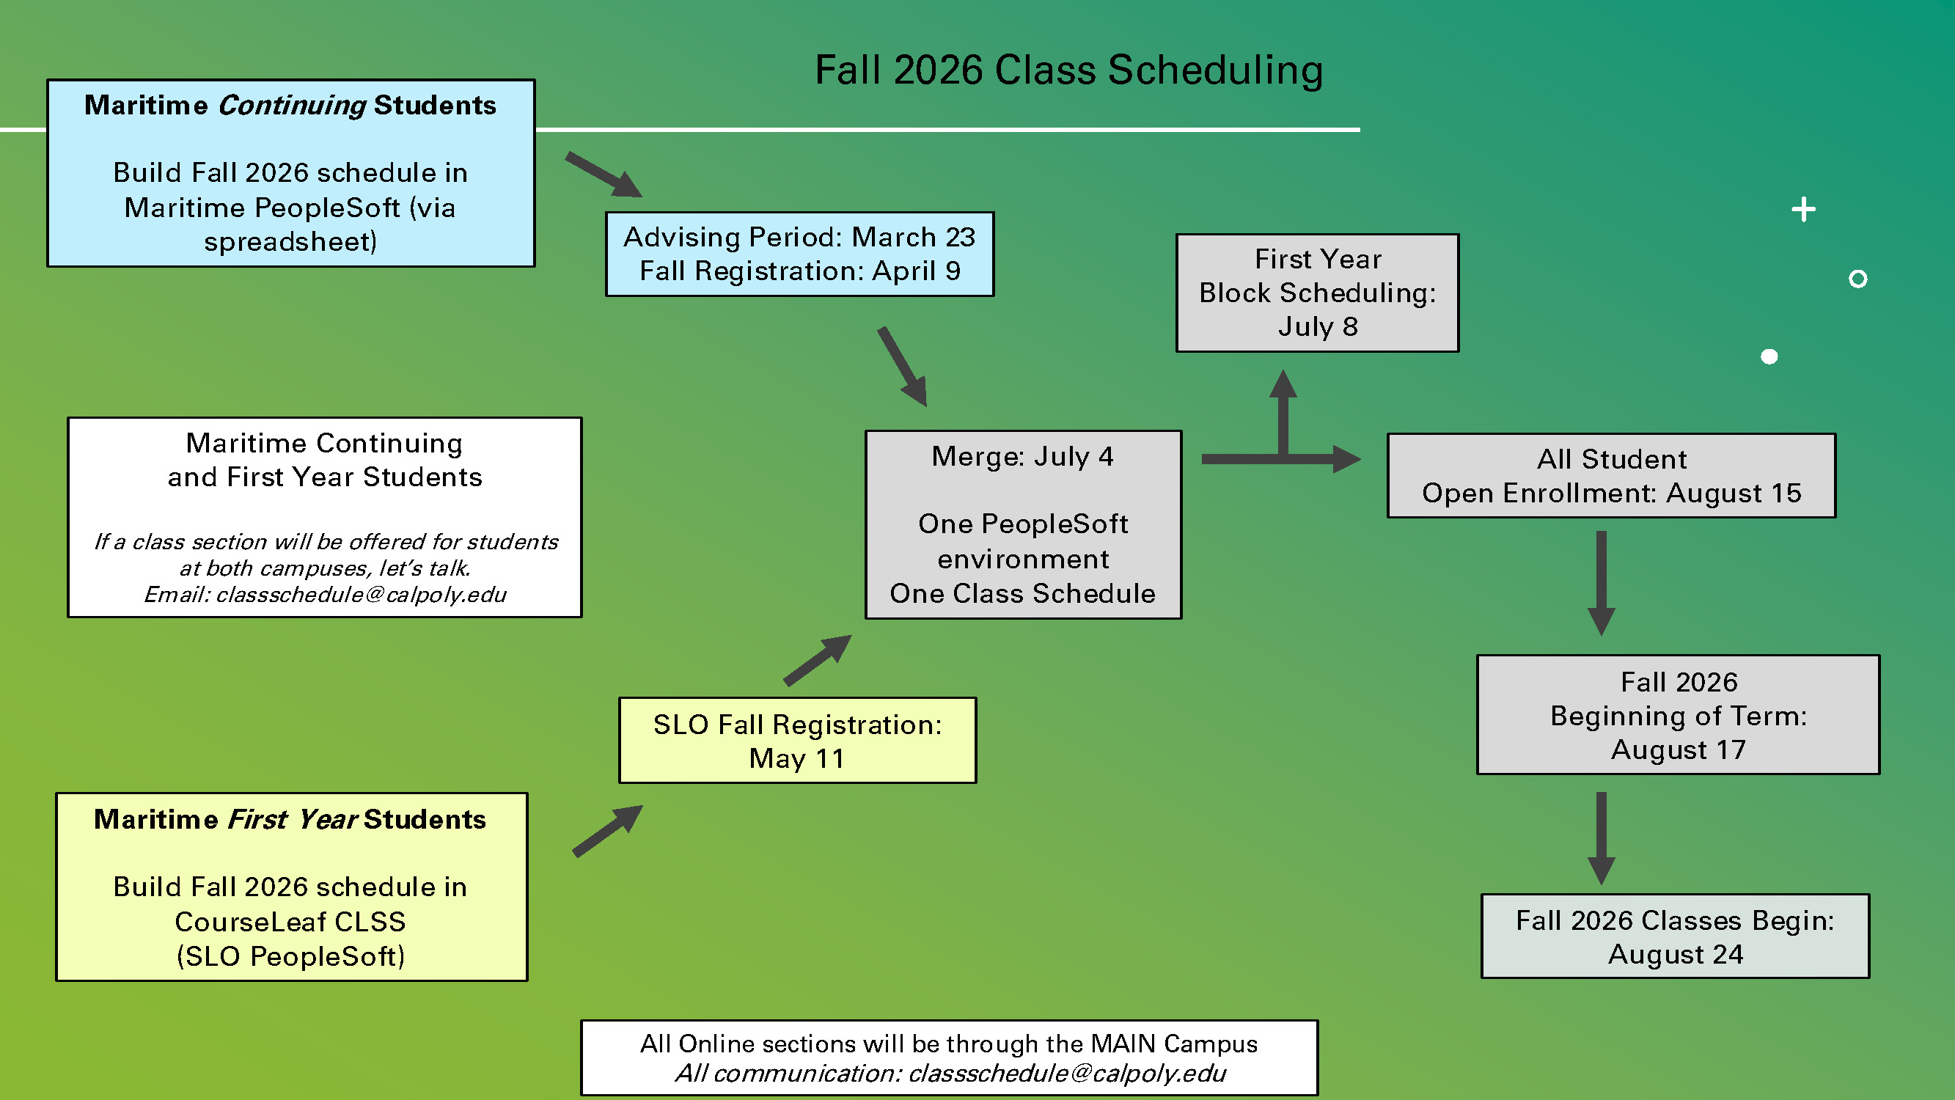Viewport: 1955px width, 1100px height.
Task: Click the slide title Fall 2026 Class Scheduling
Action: coord(1068,70)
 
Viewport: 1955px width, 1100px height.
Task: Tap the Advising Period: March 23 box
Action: coord(799,254)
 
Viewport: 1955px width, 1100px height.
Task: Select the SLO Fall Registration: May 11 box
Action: coord(797,740)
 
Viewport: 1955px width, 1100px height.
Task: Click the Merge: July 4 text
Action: coord(1022,456)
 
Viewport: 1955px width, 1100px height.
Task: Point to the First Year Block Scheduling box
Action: coord(1317,293)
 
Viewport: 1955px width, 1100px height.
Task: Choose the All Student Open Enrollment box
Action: coord(1610,476)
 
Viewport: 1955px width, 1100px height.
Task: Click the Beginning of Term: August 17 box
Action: coord(1677,714)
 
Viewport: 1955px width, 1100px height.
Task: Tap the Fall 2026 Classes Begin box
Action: coord(1674,936)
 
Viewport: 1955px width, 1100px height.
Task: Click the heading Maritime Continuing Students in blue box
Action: coord(290,105)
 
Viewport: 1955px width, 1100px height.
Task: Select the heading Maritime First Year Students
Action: coord(290,819)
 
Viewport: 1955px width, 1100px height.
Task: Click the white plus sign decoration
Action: coord(1803,209)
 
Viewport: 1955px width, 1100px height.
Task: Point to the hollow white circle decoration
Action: coord(1857,279)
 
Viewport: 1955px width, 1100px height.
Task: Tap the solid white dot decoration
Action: coord(1768,356)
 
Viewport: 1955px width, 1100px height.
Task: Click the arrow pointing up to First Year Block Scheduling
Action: coord(1283,410)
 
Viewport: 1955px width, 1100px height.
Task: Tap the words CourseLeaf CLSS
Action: coord(290,921)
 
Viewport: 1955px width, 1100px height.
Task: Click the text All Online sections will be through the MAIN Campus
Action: coord(948,1044)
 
